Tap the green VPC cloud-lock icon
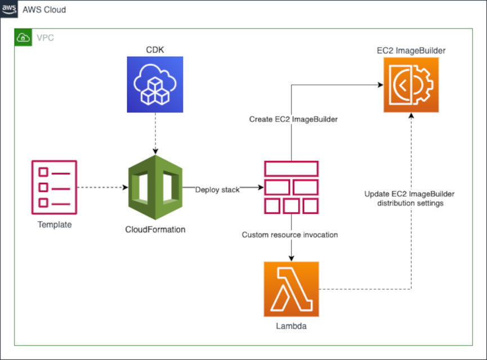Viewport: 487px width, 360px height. coord(24,38)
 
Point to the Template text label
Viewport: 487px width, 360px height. coord(55,224)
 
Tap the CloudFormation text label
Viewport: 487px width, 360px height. coord(155,229)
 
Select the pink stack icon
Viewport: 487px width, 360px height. coord(291,187)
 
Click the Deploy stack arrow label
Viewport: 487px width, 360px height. coord(217,190)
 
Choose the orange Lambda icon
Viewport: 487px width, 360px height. coord(291,289)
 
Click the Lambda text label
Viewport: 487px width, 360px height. coord(291,326)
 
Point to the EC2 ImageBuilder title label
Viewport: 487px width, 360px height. coord(411,51)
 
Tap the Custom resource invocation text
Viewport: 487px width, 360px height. coord(290,235)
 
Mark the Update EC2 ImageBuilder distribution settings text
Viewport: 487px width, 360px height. coord(409,199)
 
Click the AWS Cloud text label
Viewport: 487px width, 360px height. coord(44,10)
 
